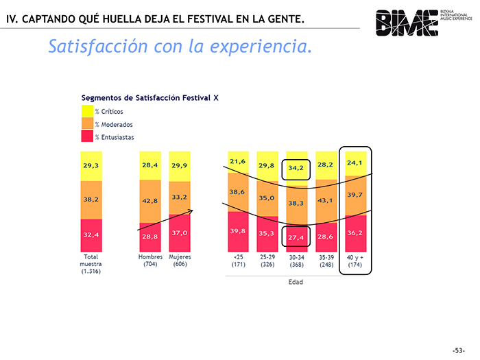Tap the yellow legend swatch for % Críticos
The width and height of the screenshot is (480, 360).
point(87,111)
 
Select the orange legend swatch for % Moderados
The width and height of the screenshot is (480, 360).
point(87,124)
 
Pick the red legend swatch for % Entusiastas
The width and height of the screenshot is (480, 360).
point(87,136)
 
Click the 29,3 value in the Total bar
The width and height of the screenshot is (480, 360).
point(91,166)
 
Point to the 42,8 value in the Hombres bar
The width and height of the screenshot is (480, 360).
point(150,201)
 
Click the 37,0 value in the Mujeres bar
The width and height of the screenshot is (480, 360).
point(180,233)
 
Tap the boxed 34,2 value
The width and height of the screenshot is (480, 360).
point(296,169)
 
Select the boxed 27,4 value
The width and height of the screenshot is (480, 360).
point(296,237)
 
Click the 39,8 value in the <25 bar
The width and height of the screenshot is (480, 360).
point(237,231)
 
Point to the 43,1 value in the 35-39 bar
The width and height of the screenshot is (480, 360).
point(326,200)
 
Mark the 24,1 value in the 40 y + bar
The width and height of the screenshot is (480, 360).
point(355,163)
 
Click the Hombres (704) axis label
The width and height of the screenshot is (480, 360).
point(150,261)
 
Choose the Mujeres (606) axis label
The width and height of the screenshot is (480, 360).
point(180,261)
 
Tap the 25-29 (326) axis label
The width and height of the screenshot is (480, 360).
point(267,261)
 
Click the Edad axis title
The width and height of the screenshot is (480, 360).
point(296,283)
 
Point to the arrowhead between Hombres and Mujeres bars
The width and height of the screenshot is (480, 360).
point(193,211)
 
